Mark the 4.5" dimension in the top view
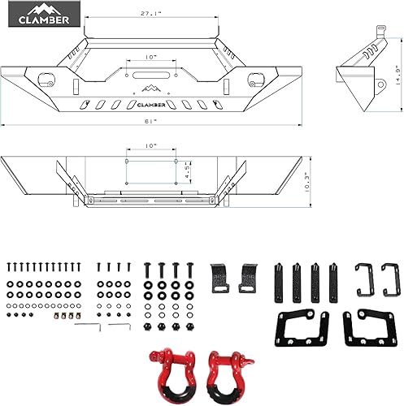click(187, 172)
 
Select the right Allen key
click(119, 326)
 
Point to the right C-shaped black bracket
click(390, 279)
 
